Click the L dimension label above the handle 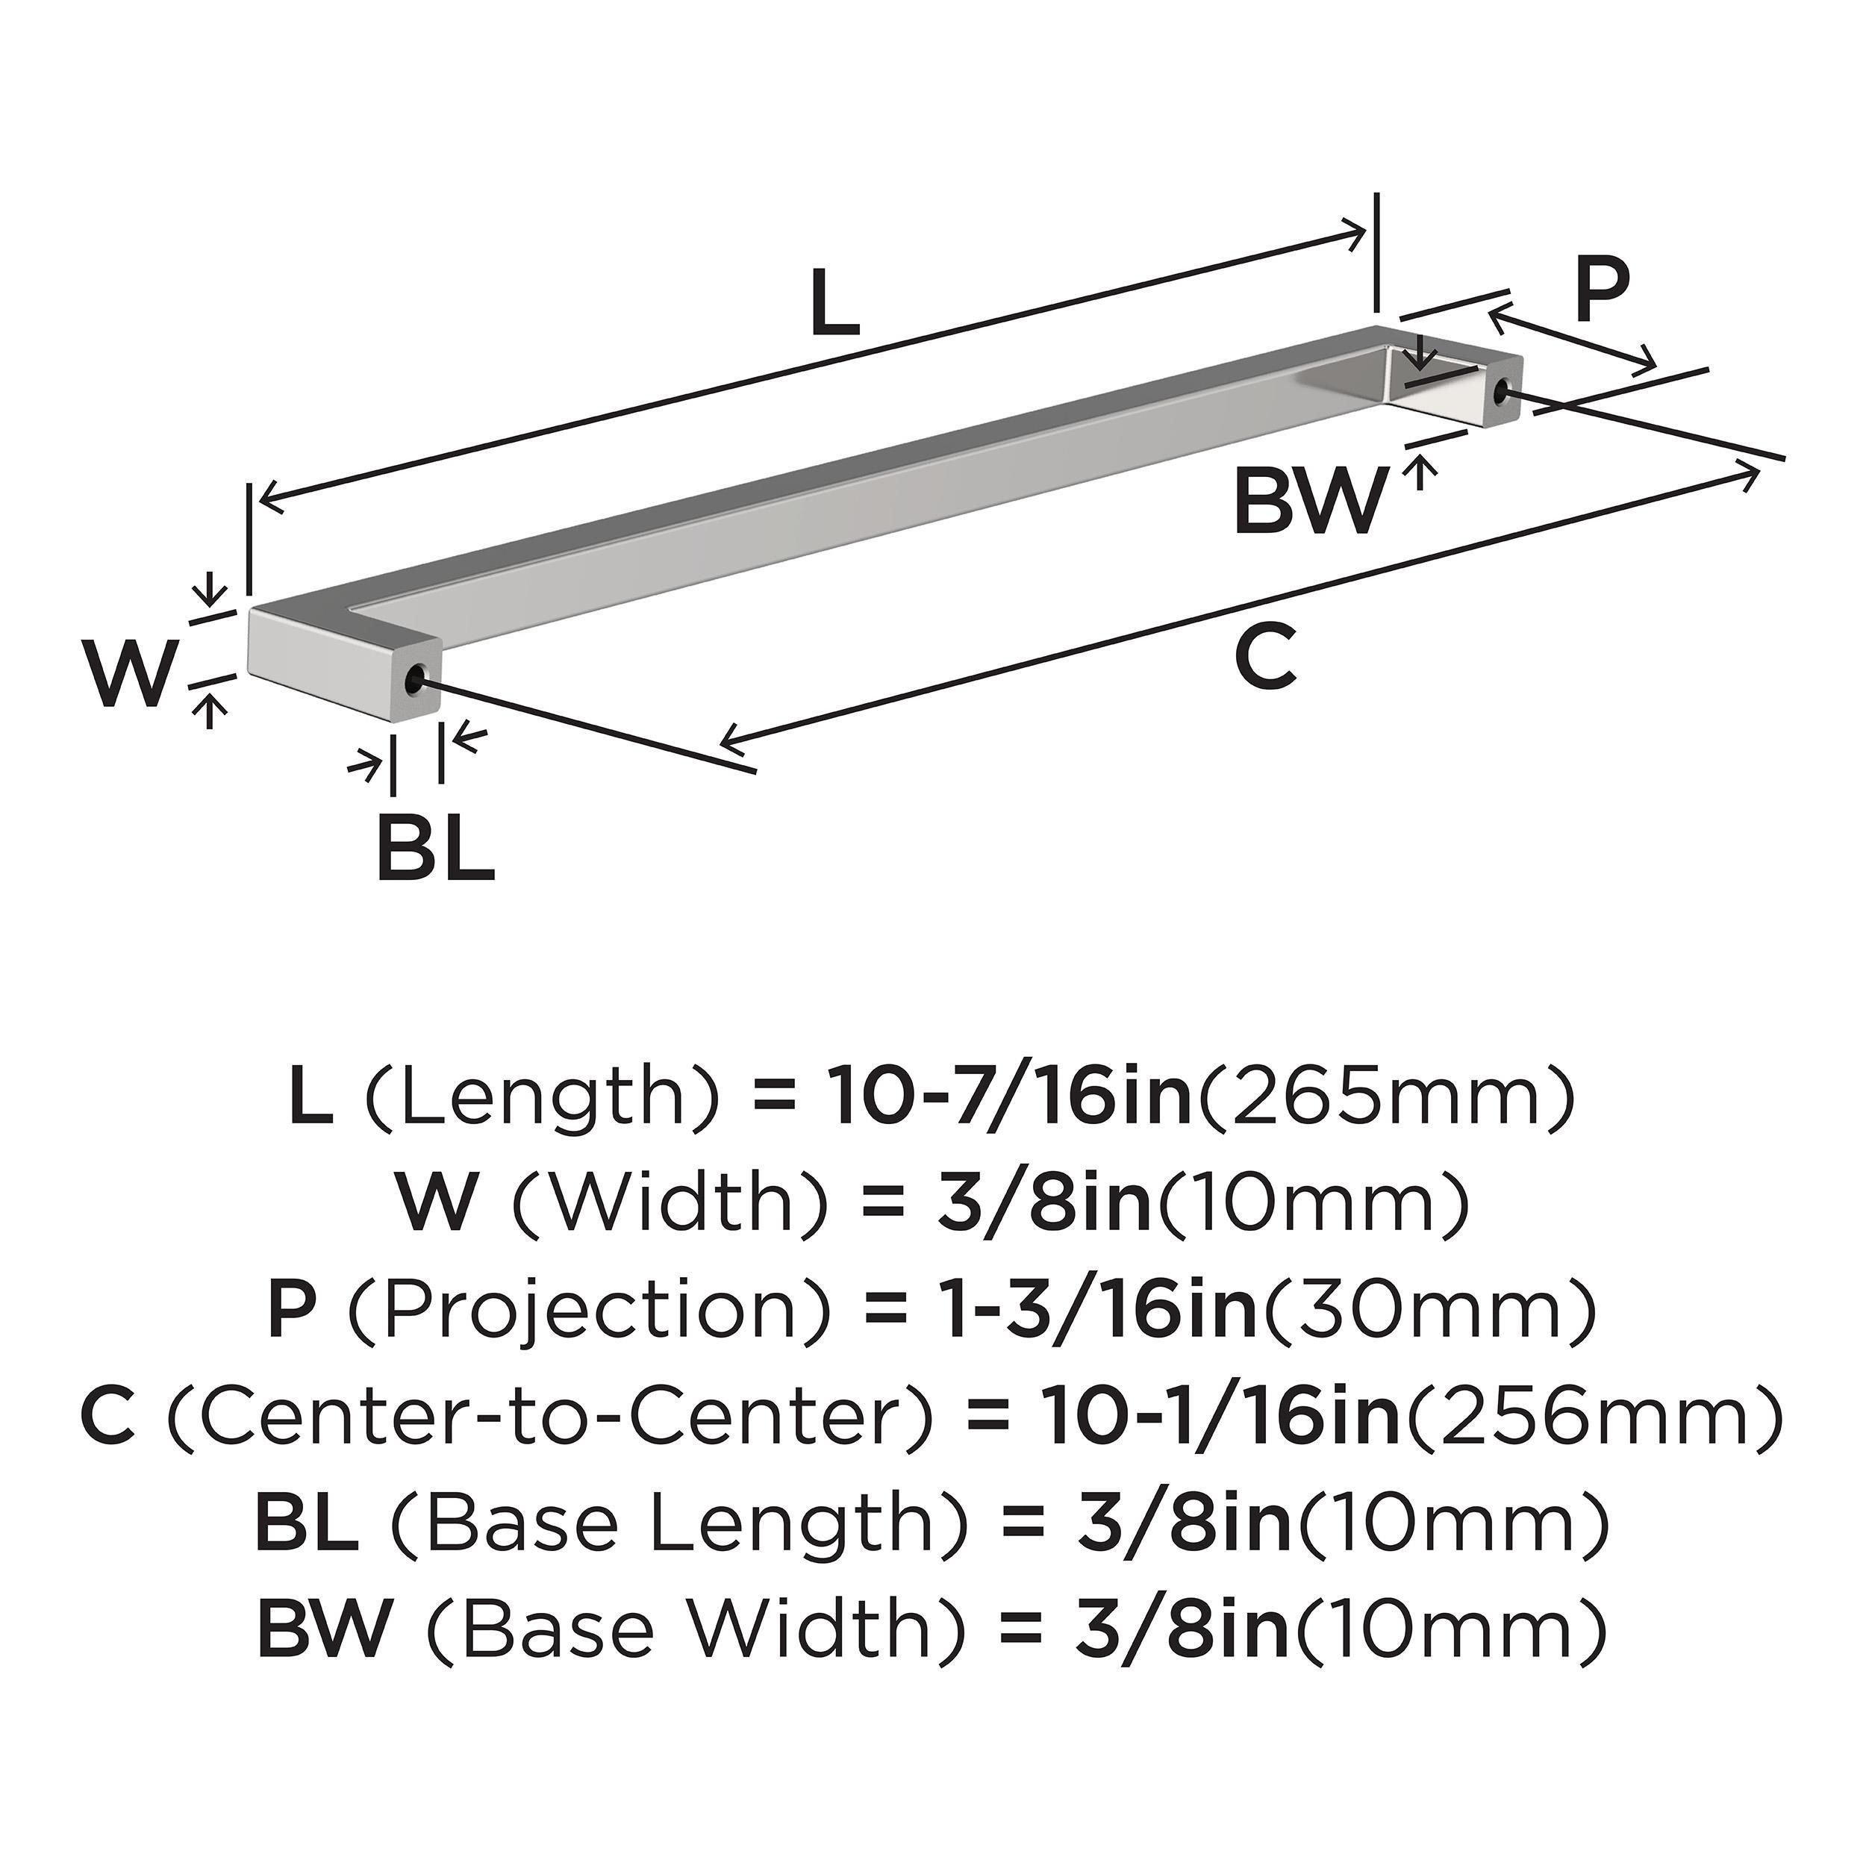click(834, 303)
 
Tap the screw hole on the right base click(1501, 391)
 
